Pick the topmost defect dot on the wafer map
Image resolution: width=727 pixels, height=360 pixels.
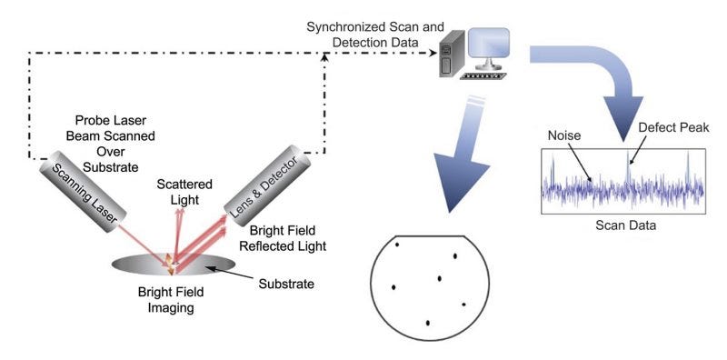click(397, 244)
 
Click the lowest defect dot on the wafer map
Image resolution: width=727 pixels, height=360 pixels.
click(428, 322)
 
